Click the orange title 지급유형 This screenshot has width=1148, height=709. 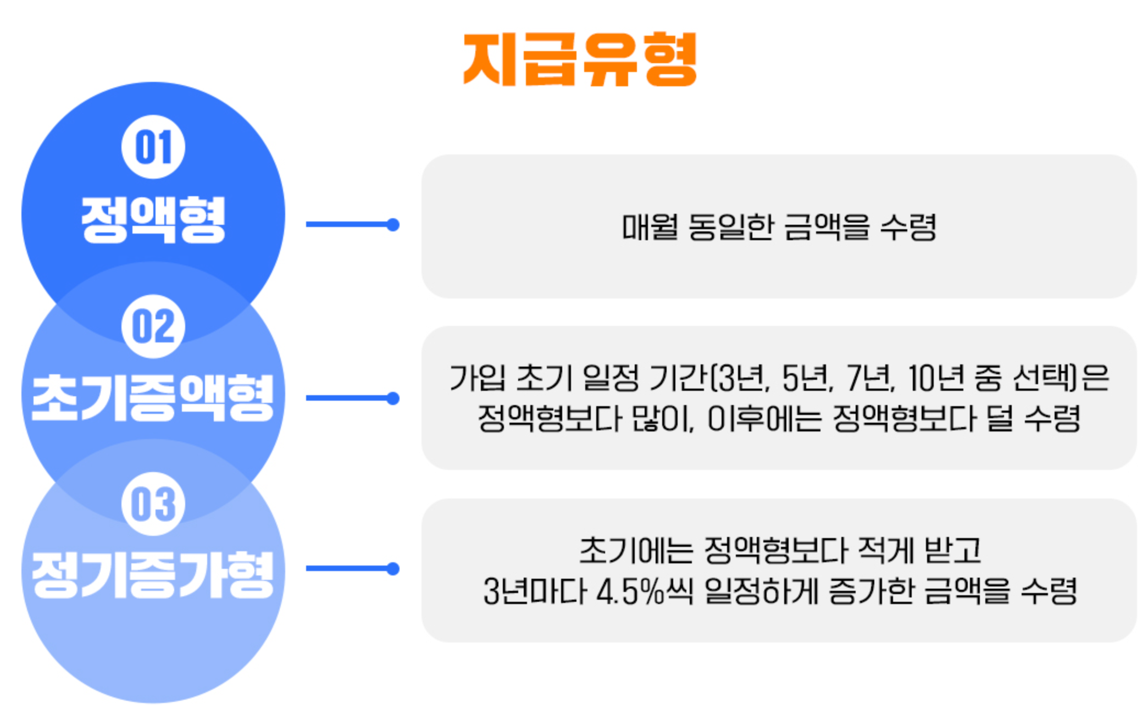coord(580,59)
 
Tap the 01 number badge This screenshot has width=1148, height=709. coord(153,147)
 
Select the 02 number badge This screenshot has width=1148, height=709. coord(153,326)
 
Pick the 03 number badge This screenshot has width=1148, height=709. coord(153,504)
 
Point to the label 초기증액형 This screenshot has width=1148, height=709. coord(153,397)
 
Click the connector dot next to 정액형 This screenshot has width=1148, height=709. coord(392,224)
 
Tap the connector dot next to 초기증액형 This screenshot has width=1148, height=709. coord(392,398)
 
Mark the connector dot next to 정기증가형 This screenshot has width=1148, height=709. coord(392,568)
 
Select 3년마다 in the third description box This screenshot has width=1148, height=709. coord(535,592)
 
